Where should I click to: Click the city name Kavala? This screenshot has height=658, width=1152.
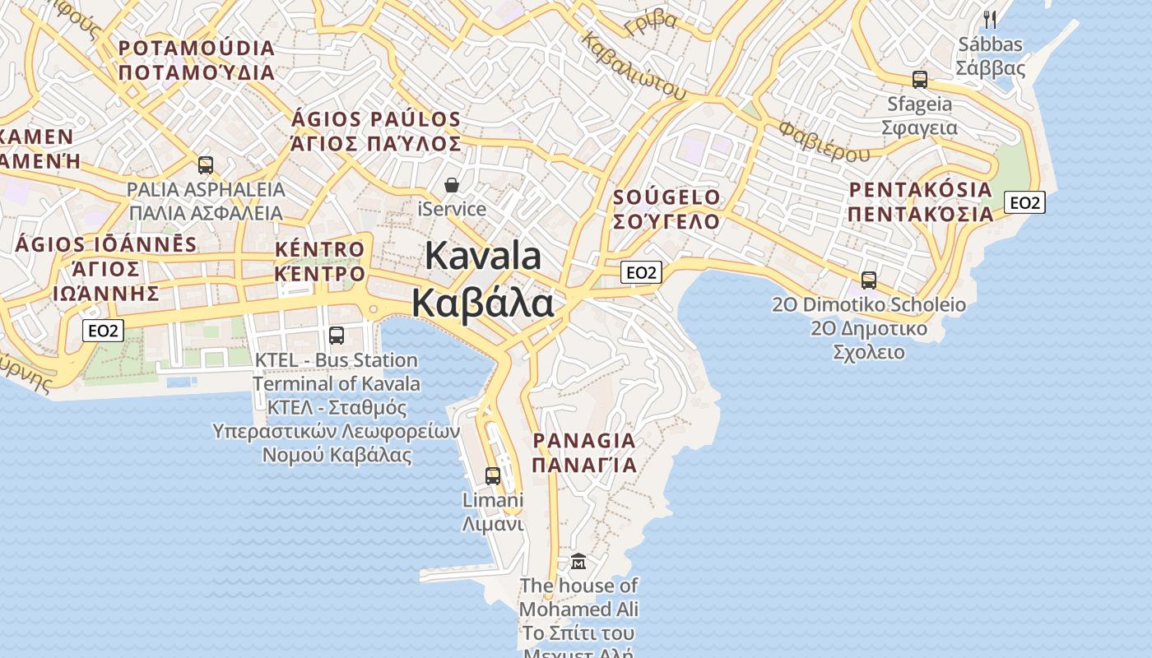[483, 256]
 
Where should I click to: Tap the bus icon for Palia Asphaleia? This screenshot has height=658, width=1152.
[206, 165]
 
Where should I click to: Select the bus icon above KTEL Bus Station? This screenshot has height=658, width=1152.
[337, 335]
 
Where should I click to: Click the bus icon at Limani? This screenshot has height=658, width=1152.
[493, 475]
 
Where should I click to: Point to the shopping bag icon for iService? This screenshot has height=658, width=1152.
[452, 186]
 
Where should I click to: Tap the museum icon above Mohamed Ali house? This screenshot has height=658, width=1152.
[578, 562]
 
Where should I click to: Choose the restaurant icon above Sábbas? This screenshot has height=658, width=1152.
[990, 19]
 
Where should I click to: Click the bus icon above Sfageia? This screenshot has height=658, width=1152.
[920, 80]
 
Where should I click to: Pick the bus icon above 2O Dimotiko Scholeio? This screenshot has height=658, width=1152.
[869, 280]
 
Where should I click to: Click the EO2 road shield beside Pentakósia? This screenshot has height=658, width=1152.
[1024, 202]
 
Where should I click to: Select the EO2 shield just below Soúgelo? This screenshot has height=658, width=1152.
[641, 272]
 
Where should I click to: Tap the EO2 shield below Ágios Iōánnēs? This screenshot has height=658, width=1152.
[104, 331]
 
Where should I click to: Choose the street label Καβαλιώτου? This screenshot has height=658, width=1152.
[633, 66]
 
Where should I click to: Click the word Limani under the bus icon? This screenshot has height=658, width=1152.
[493, 500]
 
